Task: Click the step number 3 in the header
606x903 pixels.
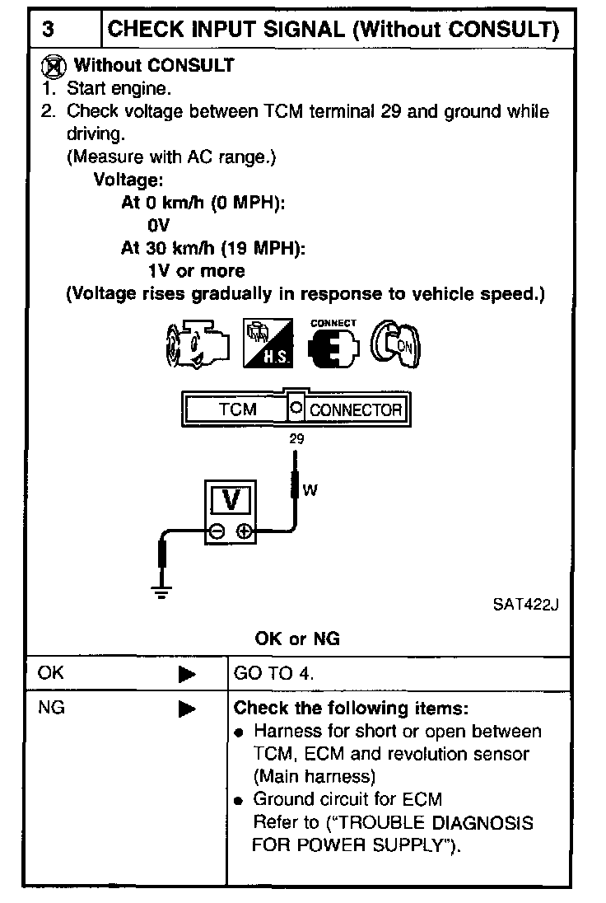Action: tap(49, 30)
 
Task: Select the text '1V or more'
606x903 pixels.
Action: tap(196, 270)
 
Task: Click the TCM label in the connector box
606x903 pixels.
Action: tap(237, 409)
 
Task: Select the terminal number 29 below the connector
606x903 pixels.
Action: tap(296, 439)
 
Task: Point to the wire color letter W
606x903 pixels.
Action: tap(310, 490)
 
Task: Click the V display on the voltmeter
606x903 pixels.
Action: tap(232, 499)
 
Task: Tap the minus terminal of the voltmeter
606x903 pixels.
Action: tap(216, 532)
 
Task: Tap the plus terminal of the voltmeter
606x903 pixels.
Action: tap(245, 532)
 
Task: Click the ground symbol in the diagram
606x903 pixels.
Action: tap(161, 591)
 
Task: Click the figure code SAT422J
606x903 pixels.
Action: tap(526, 606)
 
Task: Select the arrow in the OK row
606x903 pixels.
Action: tap(187, 674)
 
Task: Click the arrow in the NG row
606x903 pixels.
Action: tap(187, 708)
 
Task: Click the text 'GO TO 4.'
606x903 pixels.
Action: tap(274, 674)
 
